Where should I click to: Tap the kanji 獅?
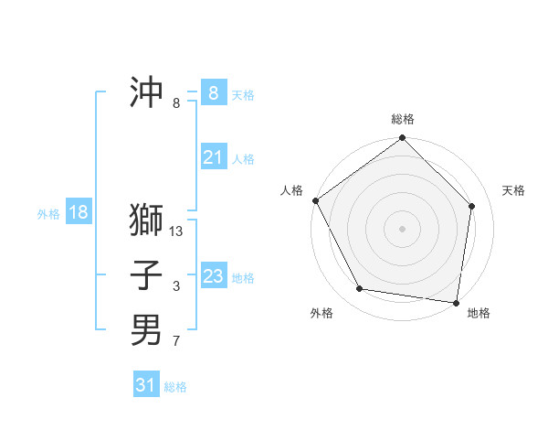(x=146, y=220)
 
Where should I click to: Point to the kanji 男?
(x=146, y=330)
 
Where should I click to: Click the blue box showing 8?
(x=214, y=92)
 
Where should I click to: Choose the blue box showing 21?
(x=214, y=157)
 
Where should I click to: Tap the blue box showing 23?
(x=214, y=276)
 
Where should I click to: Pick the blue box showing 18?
(x=79, y=212)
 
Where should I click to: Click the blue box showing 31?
(x=146, y=385)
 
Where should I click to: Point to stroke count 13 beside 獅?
(x=176, y=231)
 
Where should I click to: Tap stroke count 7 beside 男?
(x=176, y=342)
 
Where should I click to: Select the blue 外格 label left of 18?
(x=48, y=214)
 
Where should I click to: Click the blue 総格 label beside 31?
(x=175, y=387)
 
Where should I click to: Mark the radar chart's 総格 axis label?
(x=402, y=119)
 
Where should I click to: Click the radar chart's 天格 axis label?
(x=513, y=190)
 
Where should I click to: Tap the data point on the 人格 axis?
(x=316, y=200)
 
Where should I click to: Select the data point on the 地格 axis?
(x=456, y=302)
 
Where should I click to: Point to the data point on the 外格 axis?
(x=360, y=289)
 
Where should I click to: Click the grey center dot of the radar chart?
(x=402, y=228)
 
